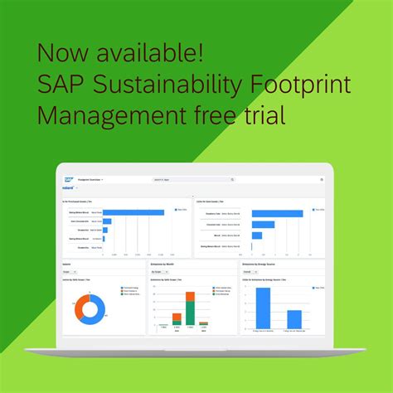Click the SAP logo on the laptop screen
68,179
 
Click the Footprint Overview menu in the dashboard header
90,179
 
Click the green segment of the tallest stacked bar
190,313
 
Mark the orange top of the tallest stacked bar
190,295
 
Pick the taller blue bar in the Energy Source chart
263,307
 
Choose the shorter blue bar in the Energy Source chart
294,318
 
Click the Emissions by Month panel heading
164,264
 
